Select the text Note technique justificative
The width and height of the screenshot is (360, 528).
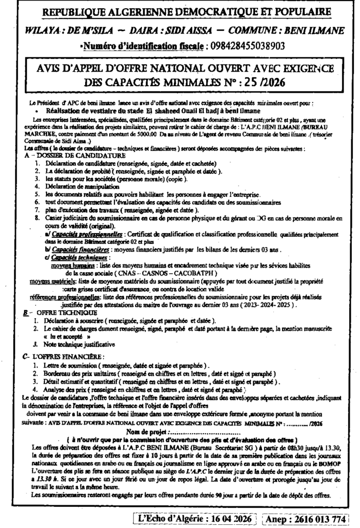pos(79,343)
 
